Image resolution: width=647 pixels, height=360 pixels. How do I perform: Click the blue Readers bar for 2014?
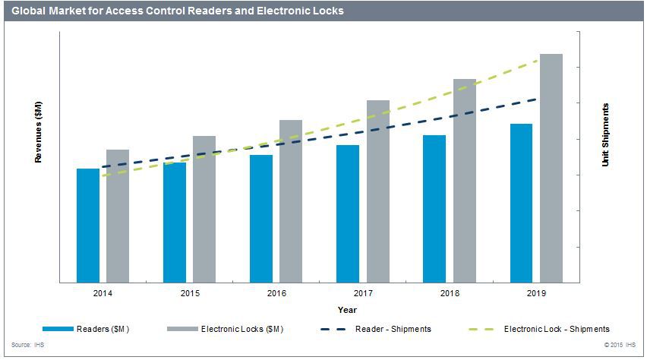pos(88,225)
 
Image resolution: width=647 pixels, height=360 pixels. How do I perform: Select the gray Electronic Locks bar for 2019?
pos(551,168)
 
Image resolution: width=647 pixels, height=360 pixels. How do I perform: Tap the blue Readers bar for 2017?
pos(348,213)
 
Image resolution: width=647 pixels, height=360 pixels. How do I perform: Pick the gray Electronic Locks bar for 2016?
pos(291,201)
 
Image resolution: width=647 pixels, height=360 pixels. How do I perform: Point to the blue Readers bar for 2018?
pos(434,209)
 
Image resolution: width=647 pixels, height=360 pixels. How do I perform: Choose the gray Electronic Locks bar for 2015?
pos(204,209)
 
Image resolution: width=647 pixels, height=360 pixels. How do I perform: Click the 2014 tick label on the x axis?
pos(103,292)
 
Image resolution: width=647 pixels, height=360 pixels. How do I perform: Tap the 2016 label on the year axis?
pos(276,292)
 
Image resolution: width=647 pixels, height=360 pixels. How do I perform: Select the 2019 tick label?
pos(536,292)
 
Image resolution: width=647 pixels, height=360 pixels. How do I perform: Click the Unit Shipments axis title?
pos(605,135)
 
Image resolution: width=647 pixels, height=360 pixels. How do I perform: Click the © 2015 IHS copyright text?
pos(620,345)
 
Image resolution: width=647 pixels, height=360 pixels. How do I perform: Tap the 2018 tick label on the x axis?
pos(450,292)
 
